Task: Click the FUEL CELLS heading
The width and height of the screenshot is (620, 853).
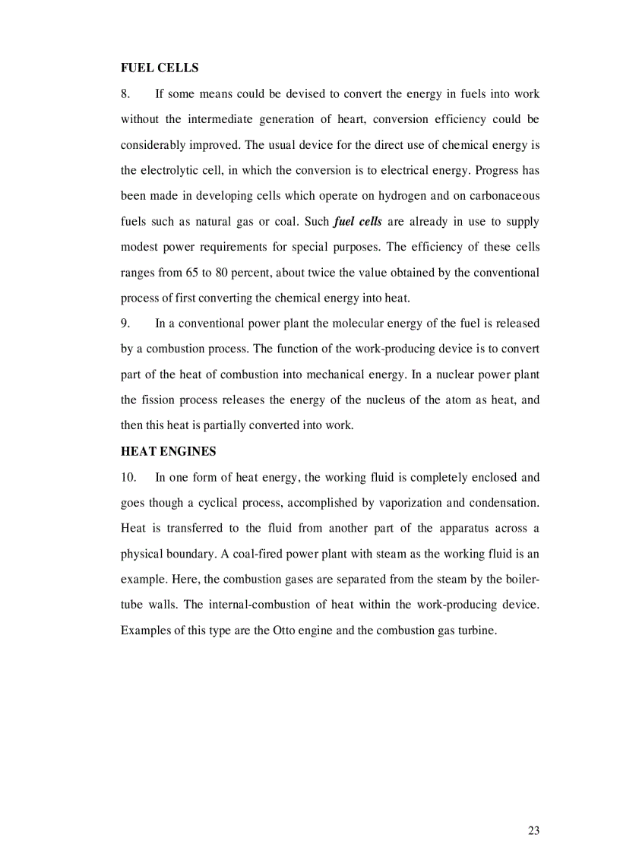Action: (x=160, y=68)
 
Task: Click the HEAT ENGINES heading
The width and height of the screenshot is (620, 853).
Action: (x=168, y=451)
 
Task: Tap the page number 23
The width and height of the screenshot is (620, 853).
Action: (x=533, y=830)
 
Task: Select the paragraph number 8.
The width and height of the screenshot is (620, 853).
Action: (x=126, y=94)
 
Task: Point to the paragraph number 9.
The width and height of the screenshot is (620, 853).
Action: (x=126, y=324)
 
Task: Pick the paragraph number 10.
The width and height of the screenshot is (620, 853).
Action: (x=128, y=478)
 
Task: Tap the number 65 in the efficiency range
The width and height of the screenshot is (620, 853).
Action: (x=191, y=273)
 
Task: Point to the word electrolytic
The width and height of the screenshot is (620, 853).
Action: (x=169, y=170)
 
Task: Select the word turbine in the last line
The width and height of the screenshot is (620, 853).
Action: (x=477, y=630)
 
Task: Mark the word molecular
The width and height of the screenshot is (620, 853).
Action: (x=337, y=324)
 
